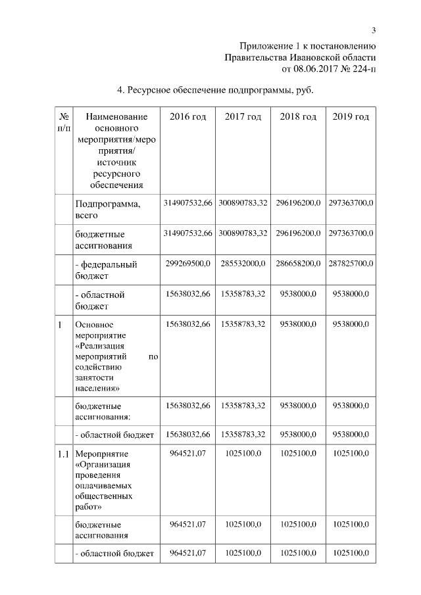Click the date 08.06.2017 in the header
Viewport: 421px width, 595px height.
click(x=310, y=68)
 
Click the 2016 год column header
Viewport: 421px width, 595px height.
click(x=187, y=117)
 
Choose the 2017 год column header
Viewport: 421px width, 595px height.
click(x=243, y=117)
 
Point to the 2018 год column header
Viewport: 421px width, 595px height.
click(x=298, y=117)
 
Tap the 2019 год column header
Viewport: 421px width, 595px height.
click(x=351, y=117)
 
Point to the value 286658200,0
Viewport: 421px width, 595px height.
click(x=298, y=264)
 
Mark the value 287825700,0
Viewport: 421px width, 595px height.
click(x=351, y=264)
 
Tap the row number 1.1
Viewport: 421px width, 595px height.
click(x=63, y=454)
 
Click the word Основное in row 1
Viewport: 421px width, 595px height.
click(x=95, y=325)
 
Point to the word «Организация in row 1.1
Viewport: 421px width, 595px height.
click(x=103, y=465)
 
